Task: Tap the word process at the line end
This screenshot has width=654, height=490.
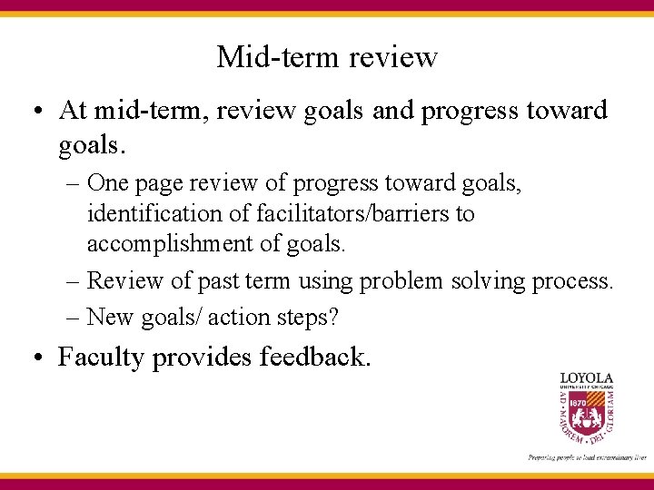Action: (x=573, y=281)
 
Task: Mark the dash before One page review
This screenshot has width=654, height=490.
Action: (x=74, y=184)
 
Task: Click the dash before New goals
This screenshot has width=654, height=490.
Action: (x=74, y=318)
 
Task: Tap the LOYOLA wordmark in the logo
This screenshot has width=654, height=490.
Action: (x=586, y=378)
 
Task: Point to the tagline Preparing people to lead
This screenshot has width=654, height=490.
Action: (x=586, y=457)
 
